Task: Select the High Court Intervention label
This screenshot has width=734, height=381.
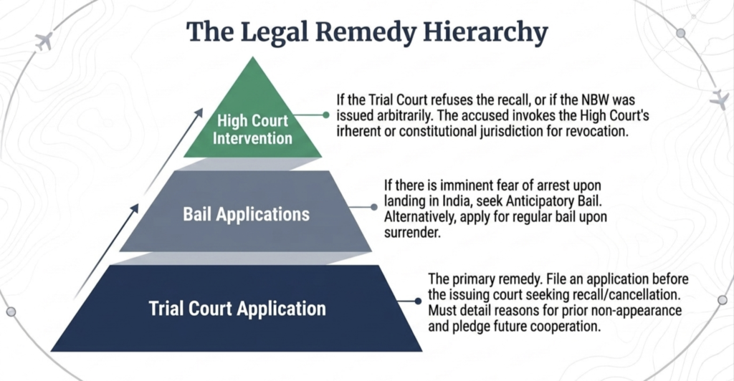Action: [252, 130]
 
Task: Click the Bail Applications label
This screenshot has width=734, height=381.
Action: [247, 214]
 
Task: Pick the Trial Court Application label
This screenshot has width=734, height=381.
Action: [237, 309]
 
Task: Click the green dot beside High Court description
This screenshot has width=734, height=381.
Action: [326, 115]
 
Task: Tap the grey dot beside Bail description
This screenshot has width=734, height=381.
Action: [373, 207]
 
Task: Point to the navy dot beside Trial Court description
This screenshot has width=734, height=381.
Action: [418, 302]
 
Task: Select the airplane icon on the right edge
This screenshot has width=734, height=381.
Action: [720, 100]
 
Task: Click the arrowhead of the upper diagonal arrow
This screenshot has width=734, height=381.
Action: [199, 113]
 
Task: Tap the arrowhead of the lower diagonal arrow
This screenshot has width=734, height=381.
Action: [135, 208]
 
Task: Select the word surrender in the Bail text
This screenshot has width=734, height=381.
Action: [411, 232]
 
